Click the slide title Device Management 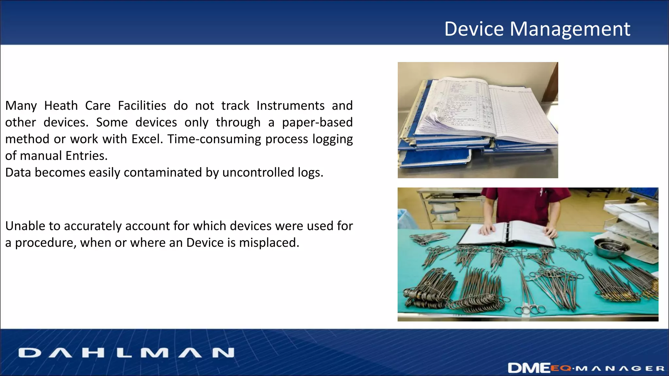[537, 29]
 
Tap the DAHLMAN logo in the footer [126, 353]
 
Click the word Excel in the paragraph [147, 139]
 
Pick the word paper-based [317, 122]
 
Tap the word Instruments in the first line [290, 106]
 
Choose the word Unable [25, 226]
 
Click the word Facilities [142, 106]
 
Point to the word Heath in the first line [61, 106]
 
